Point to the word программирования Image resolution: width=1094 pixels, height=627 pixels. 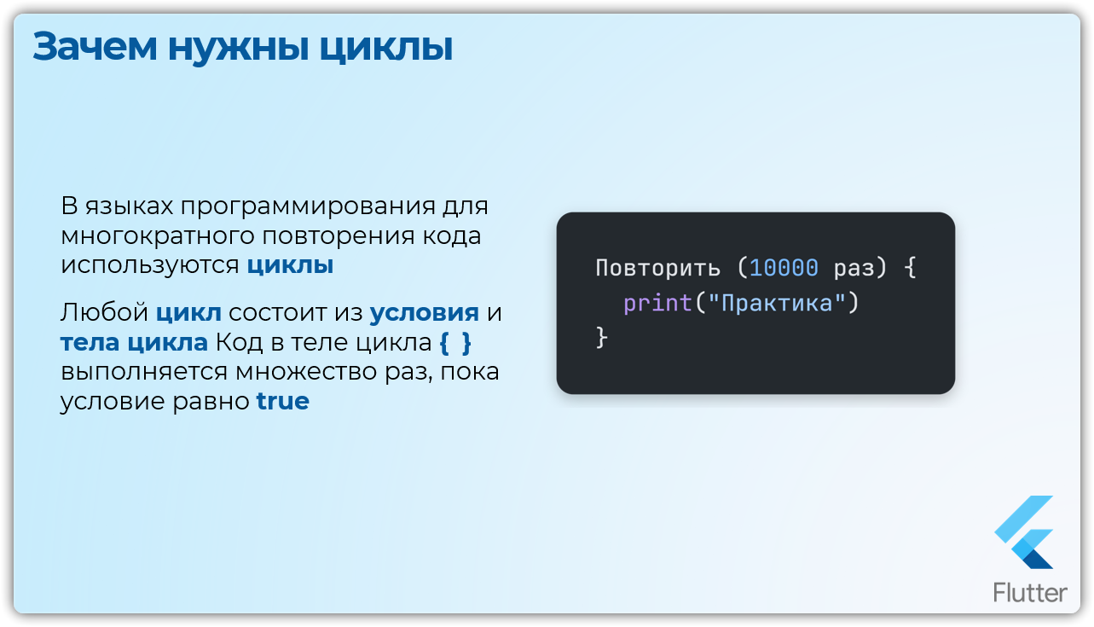coord(308,207)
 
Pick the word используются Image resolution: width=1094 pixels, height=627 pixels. coord(149,265)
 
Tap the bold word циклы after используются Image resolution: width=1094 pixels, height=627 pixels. coord(290,265)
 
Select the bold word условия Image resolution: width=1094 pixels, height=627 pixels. coord(424,313)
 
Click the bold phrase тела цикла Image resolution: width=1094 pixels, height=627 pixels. coord(134,343)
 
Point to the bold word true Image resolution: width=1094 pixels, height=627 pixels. coord(282,401)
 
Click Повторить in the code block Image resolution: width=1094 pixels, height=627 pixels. coord(657,268)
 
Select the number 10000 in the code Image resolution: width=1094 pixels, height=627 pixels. coord(784,268)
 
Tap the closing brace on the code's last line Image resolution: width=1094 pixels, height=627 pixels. coord(601,338)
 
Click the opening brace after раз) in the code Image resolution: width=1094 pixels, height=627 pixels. coord(910,268)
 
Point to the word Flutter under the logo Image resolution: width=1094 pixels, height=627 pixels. coord(1030,593)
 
